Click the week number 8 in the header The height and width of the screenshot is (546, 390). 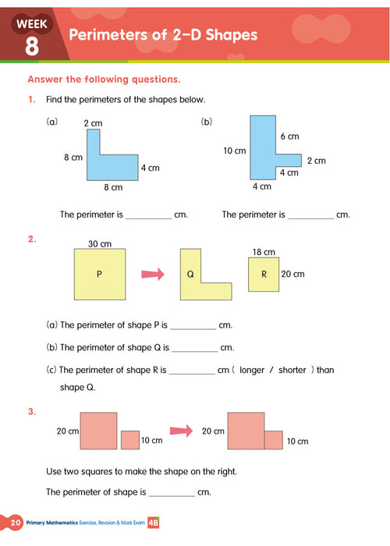tap(32, 45)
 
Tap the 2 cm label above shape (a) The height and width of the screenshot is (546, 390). tap(93, 123)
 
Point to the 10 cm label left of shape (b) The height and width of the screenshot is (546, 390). tap(234, 151)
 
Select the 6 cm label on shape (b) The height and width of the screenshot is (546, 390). tap(289, 136)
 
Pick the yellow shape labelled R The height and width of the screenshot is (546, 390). tap(263, 274)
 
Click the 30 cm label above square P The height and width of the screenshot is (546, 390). tap(99, 243)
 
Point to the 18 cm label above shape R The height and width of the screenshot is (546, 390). tap(264, 252)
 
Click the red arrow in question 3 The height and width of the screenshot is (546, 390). tap(181, 431)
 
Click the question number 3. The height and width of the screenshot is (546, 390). tap(31, 411)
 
